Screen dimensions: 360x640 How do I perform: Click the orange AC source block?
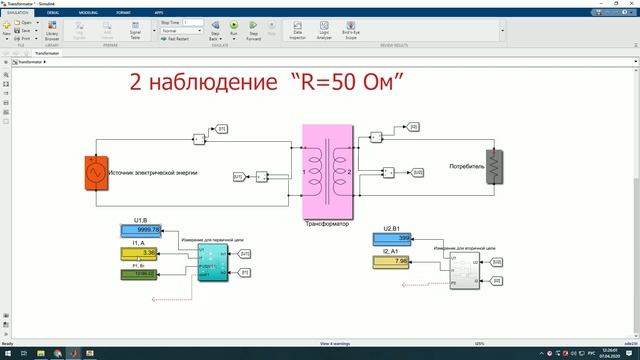click(x=98, y=174)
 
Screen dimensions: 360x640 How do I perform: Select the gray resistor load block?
click(x=492, y=167)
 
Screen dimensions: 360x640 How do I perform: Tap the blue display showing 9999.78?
click(x=148, y=229)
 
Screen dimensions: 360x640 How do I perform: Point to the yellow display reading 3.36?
click(x=148, y=253)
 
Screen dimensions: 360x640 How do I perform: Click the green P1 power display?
click(x=148, y=273)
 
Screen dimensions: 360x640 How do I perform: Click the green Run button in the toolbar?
click(x=234, y=33)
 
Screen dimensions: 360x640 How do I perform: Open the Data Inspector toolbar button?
click(x=297, y=33)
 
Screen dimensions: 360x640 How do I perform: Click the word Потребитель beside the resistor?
click(x=467, y=164)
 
